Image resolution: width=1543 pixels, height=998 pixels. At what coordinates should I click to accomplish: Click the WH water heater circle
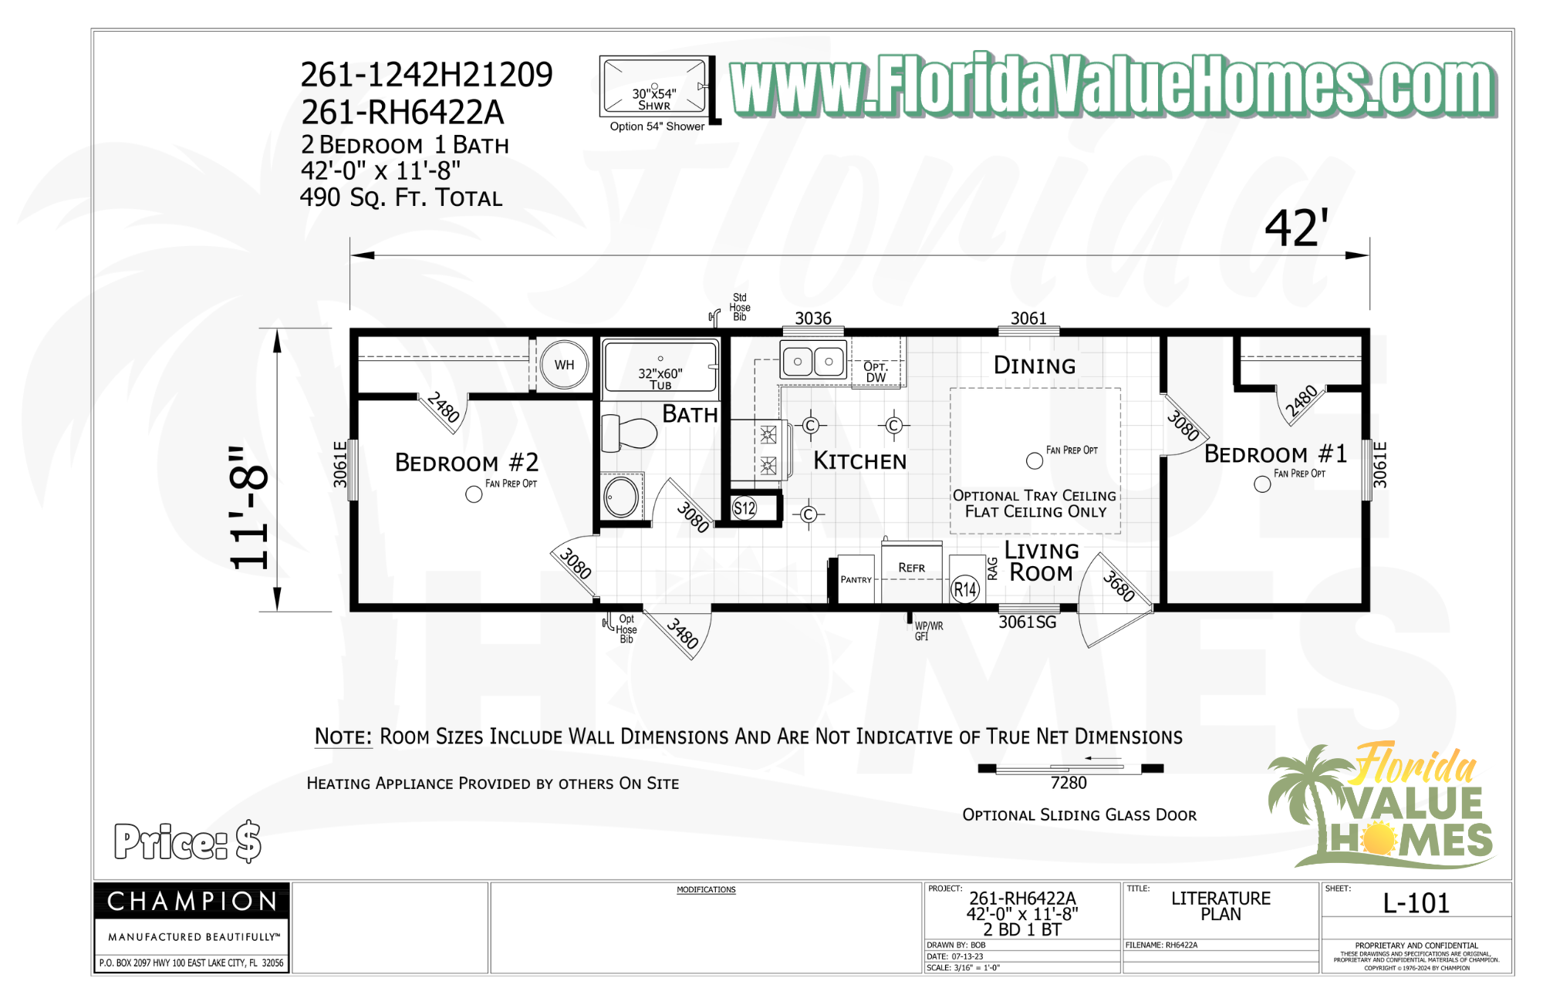pos(564,365)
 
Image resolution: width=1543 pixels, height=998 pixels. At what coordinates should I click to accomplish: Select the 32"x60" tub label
pos(660,378)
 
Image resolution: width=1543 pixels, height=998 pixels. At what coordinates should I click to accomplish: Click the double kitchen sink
pos(813,361)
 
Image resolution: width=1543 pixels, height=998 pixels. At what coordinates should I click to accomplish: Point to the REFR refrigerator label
pos(911,568)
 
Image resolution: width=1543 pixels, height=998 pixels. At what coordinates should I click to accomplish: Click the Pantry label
pos(856,579)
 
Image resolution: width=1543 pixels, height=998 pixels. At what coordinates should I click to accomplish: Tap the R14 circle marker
pos(965,590)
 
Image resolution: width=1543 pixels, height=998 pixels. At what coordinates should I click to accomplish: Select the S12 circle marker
pos(744,508)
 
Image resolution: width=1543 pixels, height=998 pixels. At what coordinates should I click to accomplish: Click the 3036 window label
pos(813,319)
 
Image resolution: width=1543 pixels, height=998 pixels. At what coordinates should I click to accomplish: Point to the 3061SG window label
pos(1027,622)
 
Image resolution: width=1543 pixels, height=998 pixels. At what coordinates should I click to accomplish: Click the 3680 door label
pos(1119,586)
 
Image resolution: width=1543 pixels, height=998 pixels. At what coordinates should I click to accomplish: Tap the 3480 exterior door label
pos(683,634)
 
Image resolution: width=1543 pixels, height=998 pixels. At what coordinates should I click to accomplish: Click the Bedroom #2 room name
pos(467,462)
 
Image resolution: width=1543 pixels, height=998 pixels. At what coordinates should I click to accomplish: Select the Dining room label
pos(1034,366)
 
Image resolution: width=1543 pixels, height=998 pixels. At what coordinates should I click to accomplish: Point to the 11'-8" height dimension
pos(249,508)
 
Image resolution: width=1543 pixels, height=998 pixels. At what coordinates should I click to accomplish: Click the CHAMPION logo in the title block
pos(192,901)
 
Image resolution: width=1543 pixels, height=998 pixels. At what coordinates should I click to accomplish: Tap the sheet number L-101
pos(1416,903)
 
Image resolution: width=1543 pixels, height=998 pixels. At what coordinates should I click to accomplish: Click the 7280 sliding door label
pos(1069,783)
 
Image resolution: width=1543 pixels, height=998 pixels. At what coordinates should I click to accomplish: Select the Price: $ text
pos(187,841)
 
